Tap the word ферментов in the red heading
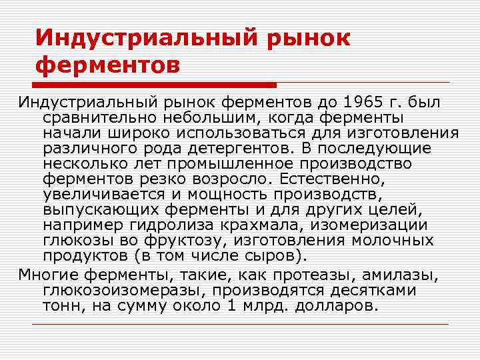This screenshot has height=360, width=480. (107, 66)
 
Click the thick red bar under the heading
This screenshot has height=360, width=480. (156, 85)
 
